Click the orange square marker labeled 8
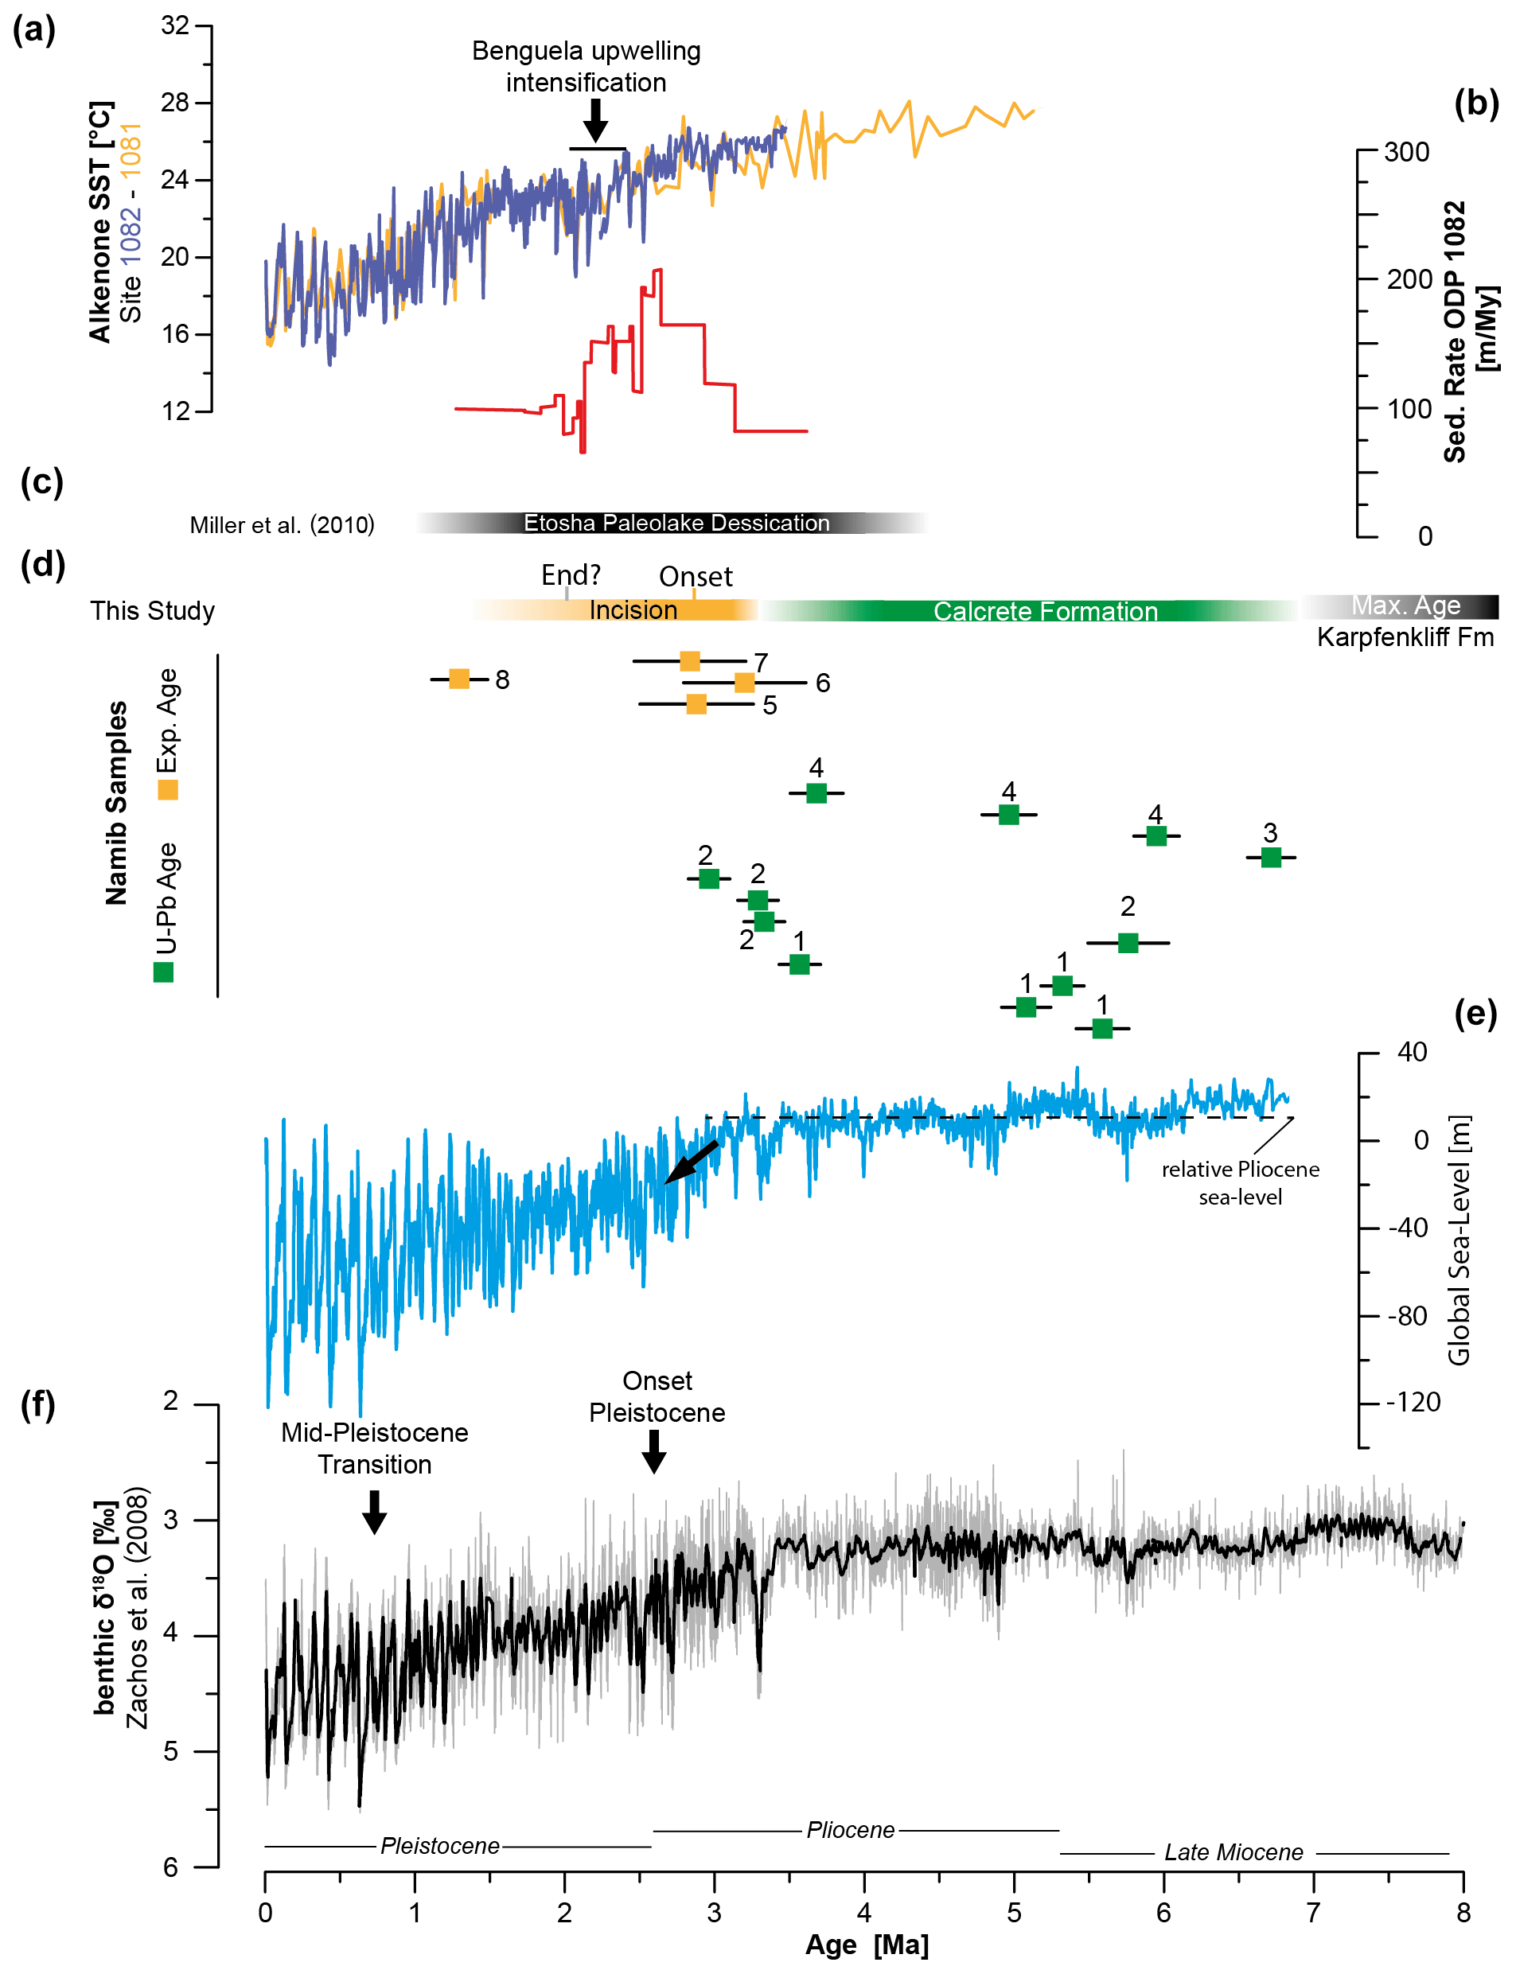[458, 679]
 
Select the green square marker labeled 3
[1271, 857]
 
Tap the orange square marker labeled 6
[744, 682]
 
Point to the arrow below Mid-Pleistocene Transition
[375, 1510]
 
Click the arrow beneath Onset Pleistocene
[654, 1450]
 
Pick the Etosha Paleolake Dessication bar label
[676, 524]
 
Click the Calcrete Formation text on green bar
[1045, 612]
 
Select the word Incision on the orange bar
[633, 611]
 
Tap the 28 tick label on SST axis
[175, 103]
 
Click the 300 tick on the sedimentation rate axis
[1408, 153]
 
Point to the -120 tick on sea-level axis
[1413, 1402]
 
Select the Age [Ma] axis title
[867, 1945]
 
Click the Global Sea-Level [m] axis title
[1459, 1240]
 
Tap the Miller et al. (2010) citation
[282, 525]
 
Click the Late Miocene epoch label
[1233, 1852]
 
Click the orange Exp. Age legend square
[168, 790]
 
